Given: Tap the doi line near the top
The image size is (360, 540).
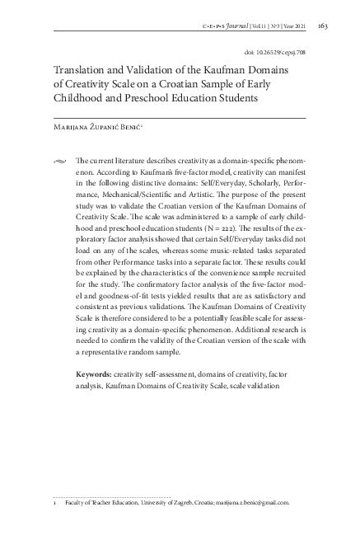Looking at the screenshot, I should [x=277, y=51].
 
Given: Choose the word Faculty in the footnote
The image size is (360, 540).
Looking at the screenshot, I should [x=78, y=501].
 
